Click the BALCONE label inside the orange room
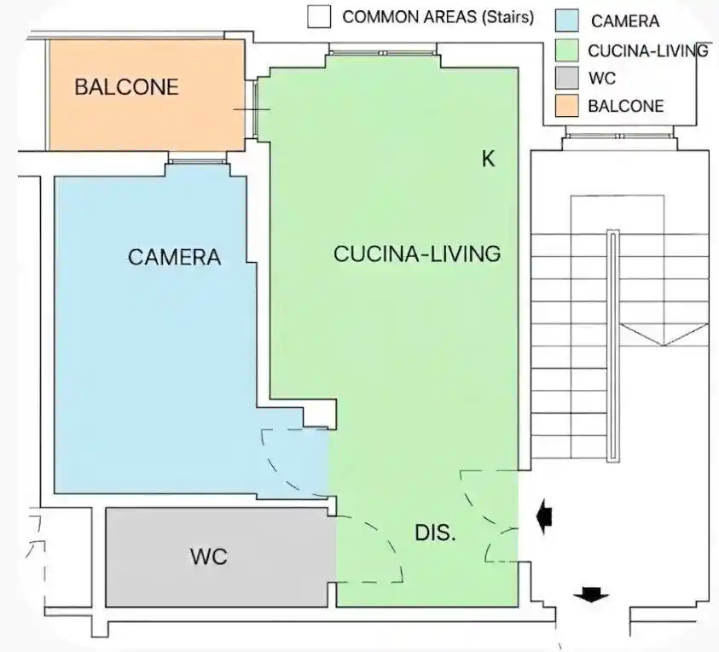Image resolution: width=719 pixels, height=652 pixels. pyautogui.click(x=126, y=87)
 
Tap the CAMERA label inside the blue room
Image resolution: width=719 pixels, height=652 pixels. pyautogui.click(x=174, y=257)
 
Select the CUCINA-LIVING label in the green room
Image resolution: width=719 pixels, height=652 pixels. pyautogui.click(x=417, y=253)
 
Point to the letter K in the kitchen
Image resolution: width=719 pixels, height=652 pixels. pyautogui.click(x=489, y=159)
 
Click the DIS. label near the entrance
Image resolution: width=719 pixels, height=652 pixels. pyautogui.click(x=435, y=533)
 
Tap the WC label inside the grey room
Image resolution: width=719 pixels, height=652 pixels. pyautogui.click(x=209, y=556)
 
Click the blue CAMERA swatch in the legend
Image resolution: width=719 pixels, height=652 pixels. pyautogui.click(x=567, y=20)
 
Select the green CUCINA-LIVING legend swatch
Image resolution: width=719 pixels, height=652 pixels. pyautogui.click(x=567, y=49)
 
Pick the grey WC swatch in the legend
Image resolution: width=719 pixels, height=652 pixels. pyautogui.click(x=567, y=78)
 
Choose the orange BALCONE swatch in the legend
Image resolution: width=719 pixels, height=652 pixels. pyautogui.click(x=567, y=106)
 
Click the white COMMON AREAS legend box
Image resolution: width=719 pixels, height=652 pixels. pyautogui.click(x=319, y=16)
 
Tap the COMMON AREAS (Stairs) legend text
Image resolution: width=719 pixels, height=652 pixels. pyautogui.click(x=438, y=17)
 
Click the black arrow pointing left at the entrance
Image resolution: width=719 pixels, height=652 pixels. pyautogui.click(x=544, y=517)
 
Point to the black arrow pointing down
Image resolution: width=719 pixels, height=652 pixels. pyautogui.click(x=591, y=595)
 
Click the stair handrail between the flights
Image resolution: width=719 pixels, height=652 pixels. pyautogui.click(x=612, y=346)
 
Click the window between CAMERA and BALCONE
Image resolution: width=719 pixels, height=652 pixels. pyautogui.click(x=198, y=161)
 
